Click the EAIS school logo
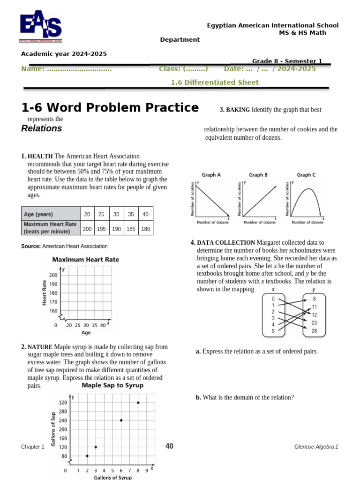pos(40,28)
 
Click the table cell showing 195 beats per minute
pos(101,229)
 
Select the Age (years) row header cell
pos(50,214)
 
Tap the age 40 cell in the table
pos(145,214)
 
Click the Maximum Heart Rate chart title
pos(85,259)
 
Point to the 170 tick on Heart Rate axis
pos(53,302)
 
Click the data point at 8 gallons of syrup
pos(138,403)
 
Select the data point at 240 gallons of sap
pos(121,420)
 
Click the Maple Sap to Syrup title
pos(112,385)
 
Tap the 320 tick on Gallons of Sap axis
pos(63,403)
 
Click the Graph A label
pos(211,175)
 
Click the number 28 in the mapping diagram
pos(314,331)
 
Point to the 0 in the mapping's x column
pos(273,298)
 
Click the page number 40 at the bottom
pos(169,446)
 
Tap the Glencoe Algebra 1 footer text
pos(316,447)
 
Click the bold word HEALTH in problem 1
pos(40,156)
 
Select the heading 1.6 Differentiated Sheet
pos(214,82)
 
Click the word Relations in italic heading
pos(42,128)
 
